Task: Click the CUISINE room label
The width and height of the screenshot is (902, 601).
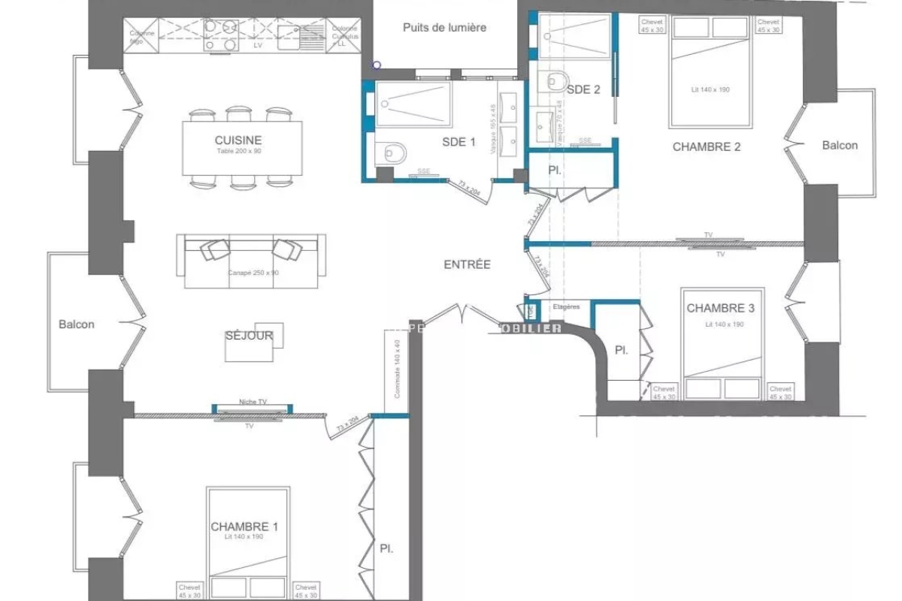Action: click(238, 140)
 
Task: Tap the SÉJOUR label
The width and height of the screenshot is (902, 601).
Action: click(248, 336)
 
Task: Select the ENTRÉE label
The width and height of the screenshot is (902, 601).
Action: click(467, 264)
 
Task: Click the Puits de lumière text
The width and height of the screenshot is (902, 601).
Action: click(444, 28)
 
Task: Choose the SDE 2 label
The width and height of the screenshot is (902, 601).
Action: click(583, 89)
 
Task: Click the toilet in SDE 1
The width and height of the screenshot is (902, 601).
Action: click(393, 153)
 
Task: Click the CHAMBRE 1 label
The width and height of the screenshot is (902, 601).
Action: click(244, 527)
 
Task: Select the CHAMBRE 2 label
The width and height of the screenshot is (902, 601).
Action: click(706, 147)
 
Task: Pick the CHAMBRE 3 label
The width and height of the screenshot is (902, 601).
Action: click(720, 308)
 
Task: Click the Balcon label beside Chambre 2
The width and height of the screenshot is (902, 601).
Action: click(840, 145)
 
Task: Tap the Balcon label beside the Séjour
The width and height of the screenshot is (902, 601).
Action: click(77, 325)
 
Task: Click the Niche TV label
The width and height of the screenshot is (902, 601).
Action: click(253, 402)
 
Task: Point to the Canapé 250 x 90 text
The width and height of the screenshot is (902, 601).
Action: click(253, 273)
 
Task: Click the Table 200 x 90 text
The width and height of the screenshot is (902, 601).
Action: click(238, 152)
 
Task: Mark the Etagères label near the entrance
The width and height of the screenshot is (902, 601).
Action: click(566, 307)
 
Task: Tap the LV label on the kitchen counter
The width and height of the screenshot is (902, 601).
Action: click(259, 46)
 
